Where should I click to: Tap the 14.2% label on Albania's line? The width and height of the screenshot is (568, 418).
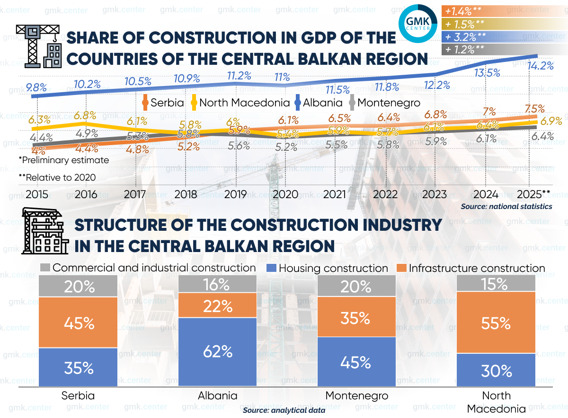(541, 66)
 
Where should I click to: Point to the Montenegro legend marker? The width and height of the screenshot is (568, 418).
(352, 102)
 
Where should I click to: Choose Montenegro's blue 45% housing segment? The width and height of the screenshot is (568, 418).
(355, 362)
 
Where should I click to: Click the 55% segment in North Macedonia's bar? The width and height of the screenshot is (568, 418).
(496, 322)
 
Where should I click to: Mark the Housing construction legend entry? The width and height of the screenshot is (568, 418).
(328, 268)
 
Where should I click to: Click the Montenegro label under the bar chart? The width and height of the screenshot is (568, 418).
(356, 396)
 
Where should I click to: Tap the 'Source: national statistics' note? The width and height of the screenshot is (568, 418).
(506, 206)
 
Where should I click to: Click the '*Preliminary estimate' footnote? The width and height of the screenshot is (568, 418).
(64, 160)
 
